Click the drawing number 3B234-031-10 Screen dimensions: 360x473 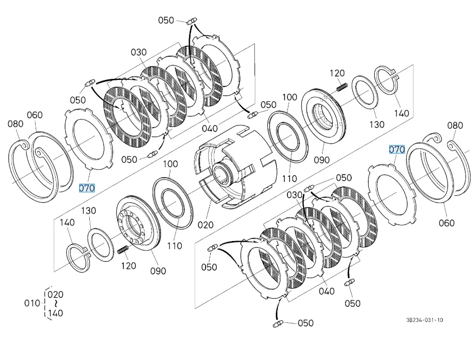point(425,320)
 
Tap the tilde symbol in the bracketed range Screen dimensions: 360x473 point(56,304)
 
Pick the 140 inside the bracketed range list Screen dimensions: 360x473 point(56,313)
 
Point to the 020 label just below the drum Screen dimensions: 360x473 point(205,224)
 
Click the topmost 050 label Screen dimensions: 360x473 point(166,20)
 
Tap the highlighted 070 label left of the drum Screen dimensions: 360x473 point(86,188)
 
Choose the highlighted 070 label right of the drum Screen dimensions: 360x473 point(397,150)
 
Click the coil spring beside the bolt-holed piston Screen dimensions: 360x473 point(123,250)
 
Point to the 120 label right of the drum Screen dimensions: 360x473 point(337,73)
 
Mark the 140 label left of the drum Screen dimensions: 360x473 point(67,222)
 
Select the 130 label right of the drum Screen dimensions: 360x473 point(376,125)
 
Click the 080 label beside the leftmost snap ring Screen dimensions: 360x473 point(16,124)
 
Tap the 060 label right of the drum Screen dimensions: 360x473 point(446,223)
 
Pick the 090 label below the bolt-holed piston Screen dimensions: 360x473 point(157,271)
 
